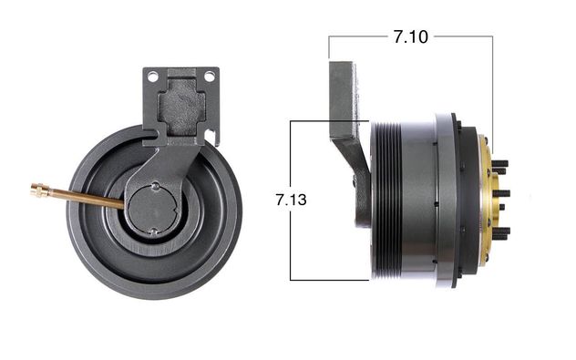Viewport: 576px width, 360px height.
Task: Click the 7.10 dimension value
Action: [411, 36]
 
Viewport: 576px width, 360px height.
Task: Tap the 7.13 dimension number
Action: [291, 200]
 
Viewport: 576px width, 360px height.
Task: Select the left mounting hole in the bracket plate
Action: [152, 77]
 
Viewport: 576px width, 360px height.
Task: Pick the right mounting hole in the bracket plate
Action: [209, 77]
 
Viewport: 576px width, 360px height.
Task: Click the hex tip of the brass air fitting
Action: [37, 190]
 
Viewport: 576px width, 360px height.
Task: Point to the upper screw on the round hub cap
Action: [156, 186]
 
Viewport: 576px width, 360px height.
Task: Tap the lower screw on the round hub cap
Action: [155, 231]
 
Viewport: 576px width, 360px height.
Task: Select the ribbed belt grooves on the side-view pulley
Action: [386, 201]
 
